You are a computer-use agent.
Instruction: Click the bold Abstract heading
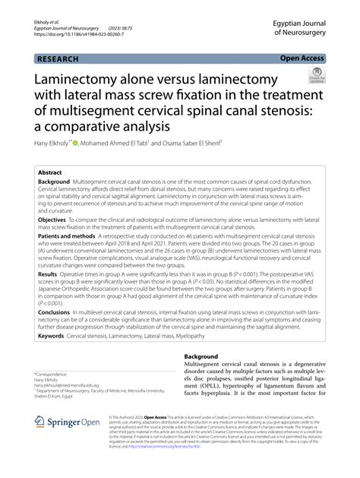coord(51,174)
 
